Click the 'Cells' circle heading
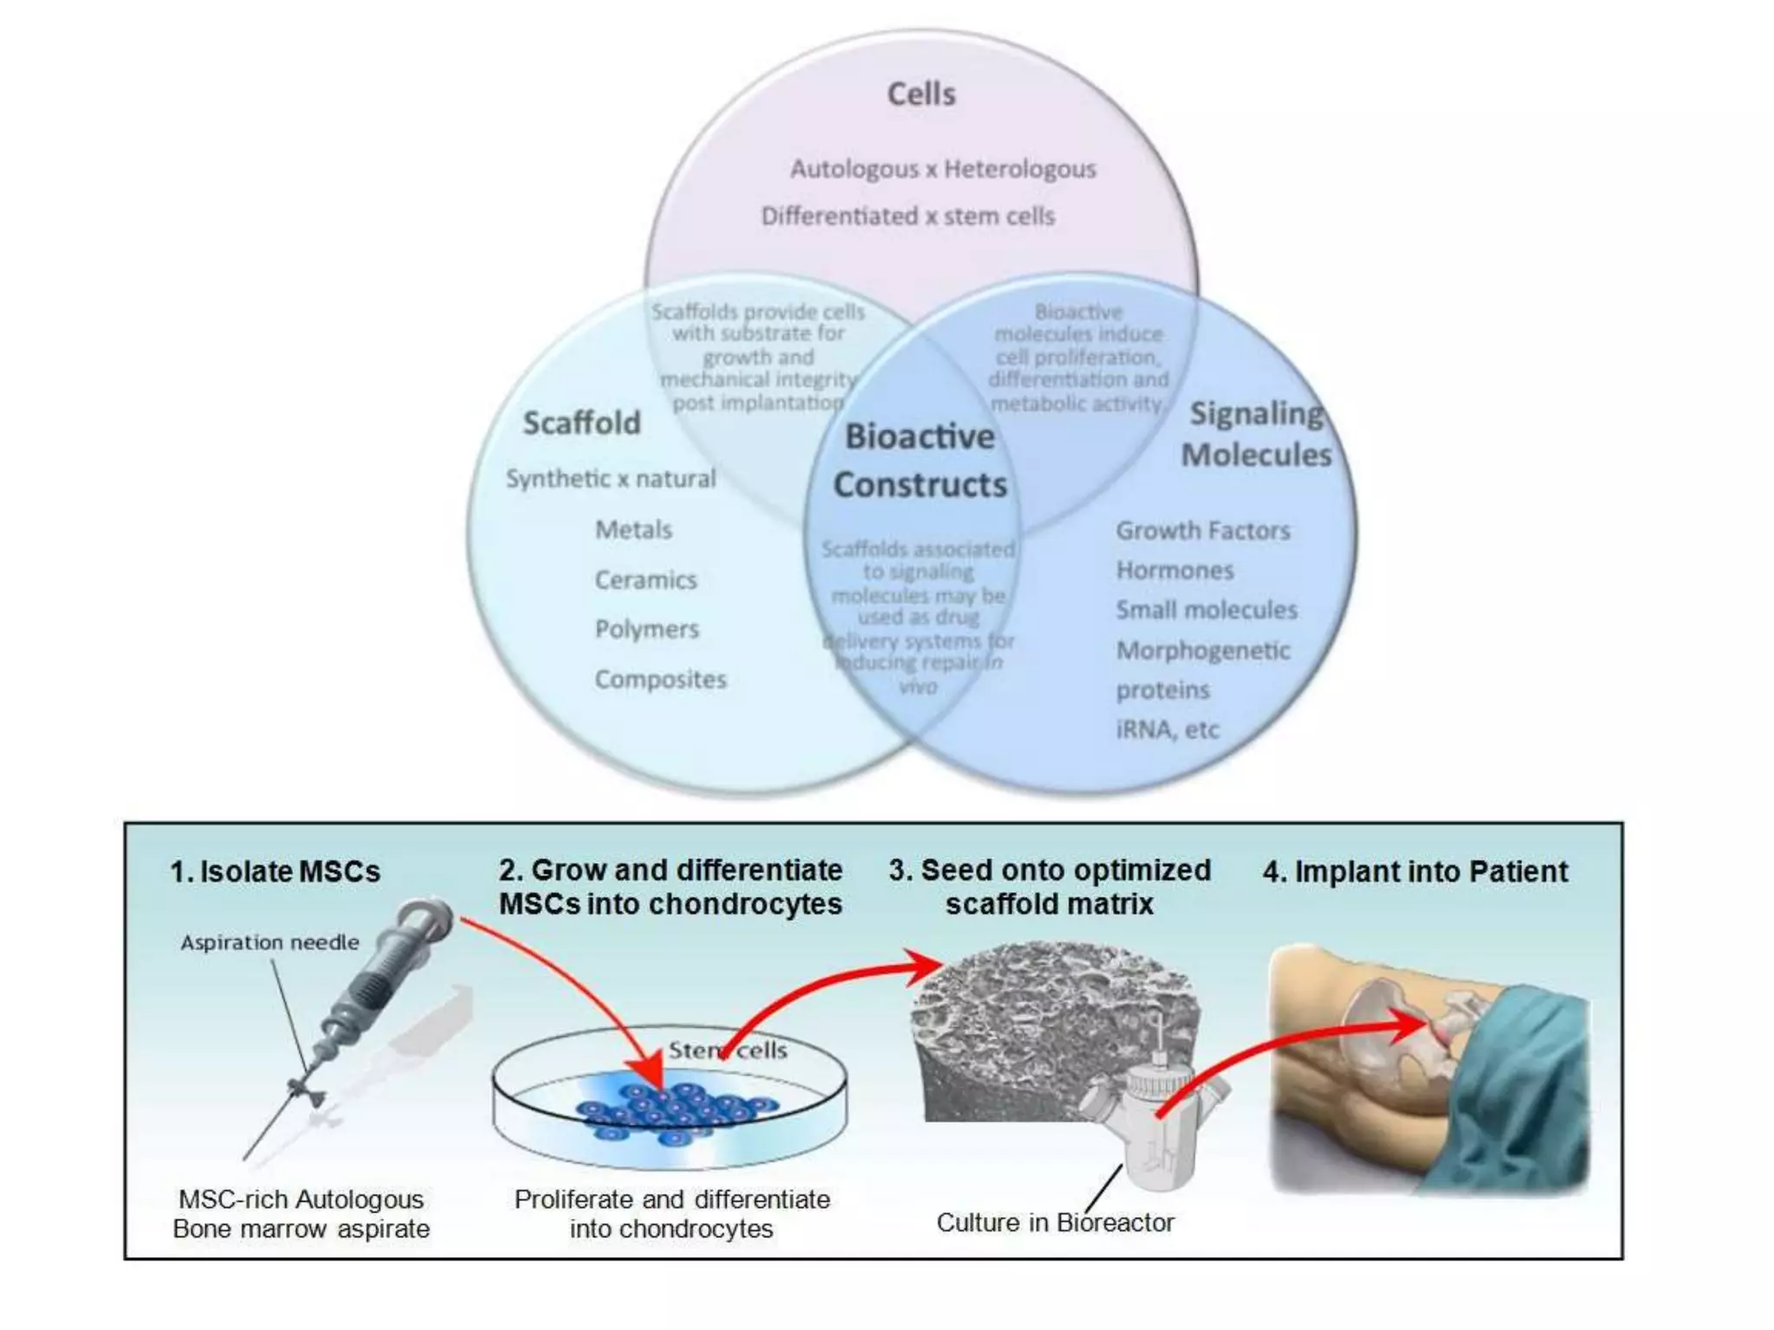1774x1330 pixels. click(921, 94)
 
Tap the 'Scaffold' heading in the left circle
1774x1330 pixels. click(582, 423)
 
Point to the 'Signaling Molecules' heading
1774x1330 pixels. click(1256, 434)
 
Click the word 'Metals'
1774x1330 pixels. click(633, 529)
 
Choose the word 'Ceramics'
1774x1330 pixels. click(645, 579)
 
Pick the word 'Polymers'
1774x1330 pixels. click(646, 629)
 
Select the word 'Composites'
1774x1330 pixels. click(660, 679)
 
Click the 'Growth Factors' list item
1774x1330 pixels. click(1202, 530)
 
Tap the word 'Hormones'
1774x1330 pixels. click(1175, 570)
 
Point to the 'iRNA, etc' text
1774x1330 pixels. click(1167, 729)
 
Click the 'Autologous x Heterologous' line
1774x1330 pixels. click(942, 169)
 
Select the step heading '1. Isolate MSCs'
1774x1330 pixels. click(275, 871)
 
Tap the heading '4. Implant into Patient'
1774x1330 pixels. click(1415, 871)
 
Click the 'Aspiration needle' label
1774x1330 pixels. click(269, 942)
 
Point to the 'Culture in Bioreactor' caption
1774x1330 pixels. click(1055, 1223)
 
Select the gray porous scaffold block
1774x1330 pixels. click(1039, 1022)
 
